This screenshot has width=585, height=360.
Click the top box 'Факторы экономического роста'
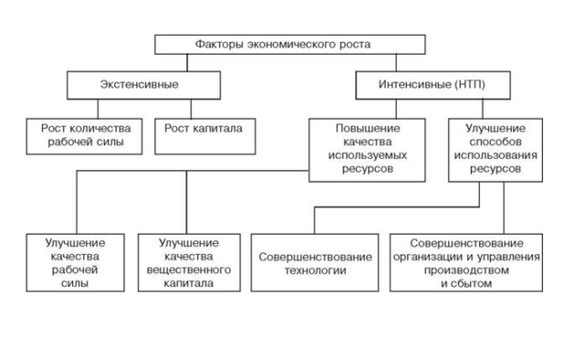(x=290, y=44)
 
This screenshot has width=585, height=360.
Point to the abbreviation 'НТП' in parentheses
(x=470, y=85)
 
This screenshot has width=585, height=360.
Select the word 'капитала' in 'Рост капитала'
(x=217, y=129)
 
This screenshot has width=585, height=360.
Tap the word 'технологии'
(x=314, y=270)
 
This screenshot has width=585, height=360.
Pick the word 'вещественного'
(x=188, y=270)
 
